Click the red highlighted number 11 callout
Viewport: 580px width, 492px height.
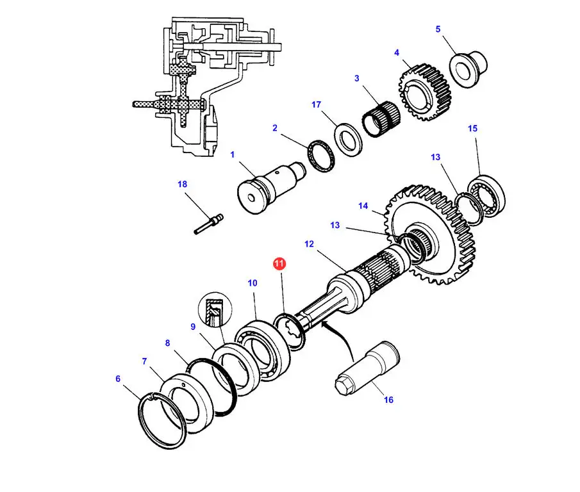pos(279,263)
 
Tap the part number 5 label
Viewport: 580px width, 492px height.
pos(438,29)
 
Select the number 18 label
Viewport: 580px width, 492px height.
pos(183,184)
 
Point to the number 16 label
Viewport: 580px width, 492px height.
pos(388,400)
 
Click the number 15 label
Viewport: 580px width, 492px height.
pos(472,128)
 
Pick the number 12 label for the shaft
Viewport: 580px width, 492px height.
pos(309,244)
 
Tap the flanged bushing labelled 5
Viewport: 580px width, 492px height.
pos(468,69)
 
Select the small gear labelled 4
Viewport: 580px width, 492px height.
pos(426,92)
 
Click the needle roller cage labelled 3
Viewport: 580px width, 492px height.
pos(381,119)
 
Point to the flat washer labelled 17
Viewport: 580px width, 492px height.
pos(348,140)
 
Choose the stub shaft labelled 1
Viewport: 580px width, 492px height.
pos(271,188)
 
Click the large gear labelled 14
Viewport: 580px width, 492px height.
pos(431,234)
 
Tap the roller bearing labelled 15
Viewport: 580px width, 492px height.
pos(486,196)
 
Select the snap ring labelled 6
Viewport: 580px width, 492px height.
pos(162,421)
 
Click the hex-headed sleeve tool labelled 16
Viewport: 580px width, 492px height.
pos(367,369)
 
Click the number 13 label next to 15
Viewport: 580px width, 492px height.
pos(435,157)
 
